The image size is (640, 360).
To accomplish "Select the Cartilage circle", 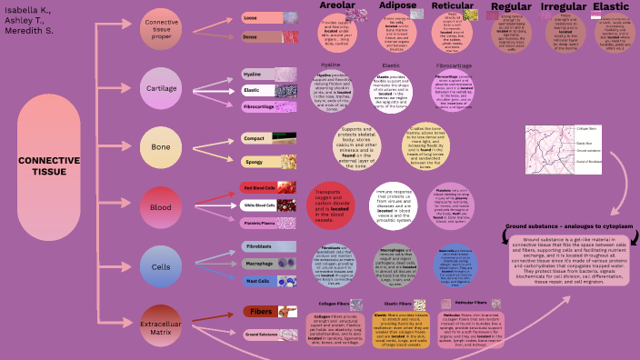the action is click(162, 89).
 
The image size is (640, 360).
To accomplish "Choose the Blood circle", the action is click(162, 208).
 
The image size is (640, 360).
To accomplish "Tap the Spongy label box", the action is click(255, 161).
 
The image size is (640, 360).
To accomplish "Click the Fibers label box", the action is click(257, 312).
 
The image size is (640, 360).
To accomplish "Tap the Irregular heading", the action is click(563, 7).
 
